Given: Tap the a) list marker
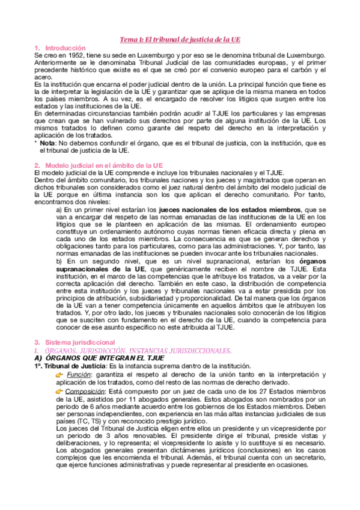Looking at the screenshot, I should point(59,209).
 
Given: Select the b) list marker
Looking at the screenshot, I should point(59,262).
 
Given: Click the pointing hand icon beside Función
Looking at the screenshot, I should point(59,374).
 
